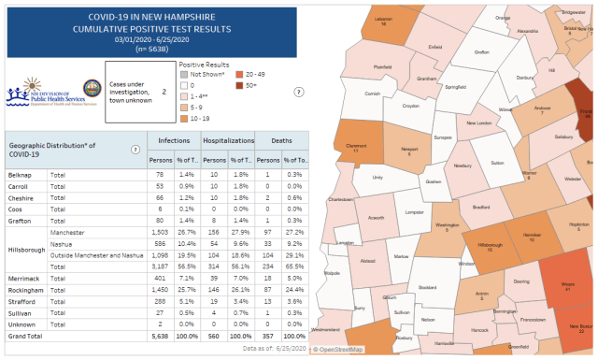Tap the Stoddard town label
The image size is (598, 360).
[427, 287]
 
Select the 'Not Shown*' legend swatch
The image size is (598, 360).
[183, 72]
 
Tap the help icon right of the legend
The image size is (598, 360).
[298, 93]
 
